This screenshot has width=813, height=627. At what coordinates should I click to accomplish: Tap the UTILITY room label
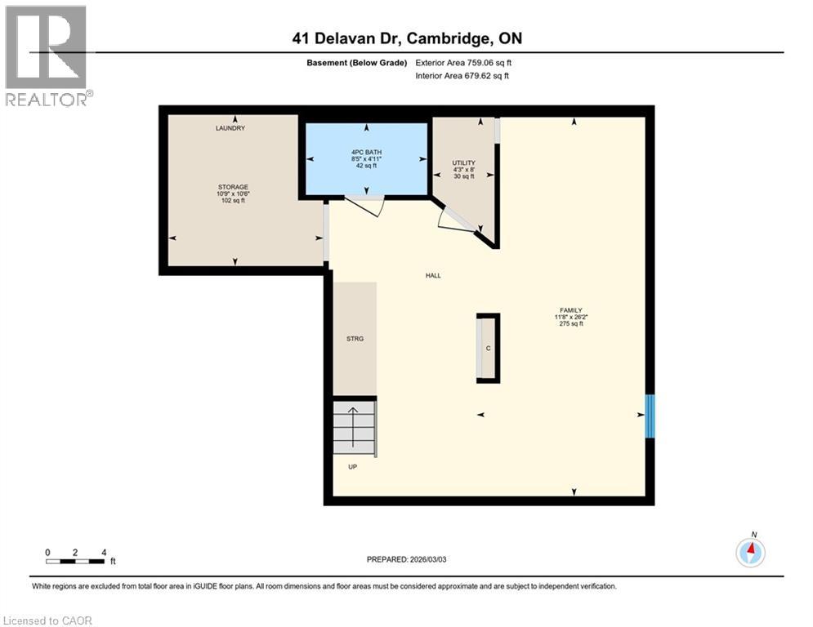(463, 163)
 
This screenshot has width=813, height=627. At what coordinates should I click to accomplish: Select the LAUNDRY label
(230, 128)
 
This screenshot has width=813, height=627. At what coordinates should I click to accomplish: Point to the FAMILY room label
(570, 309)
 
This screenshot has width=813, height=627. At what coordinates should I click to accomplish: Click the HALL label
(433, 275)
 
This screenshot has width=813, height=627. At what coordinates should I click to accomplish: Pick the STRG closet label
(354, 338)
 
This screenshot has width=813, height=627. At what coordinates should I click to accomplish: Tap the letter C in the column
(488, 349)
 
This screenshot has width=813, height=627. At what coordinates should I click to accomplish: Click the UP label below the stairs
(352, 467)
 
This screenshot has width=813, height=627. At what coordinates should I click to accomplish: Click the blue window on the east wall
(650, 416)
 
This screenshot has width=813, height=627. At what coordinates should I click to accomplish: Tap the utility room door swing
(452, 219)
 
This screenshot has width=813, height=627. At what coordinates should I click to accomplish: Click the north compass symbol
(750, 553)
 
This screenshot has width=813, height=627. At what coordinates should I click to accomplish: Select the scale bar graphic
(75, 562)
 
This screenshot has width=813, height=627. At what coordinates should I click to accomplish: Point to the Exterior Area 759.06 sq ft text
(464, 63)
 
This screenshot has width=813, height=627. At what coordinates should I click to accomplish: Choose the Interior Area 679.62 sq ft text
(463, 76)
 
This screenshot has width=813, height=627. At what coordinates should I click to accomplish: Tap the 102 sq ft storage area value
(233, 201)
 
